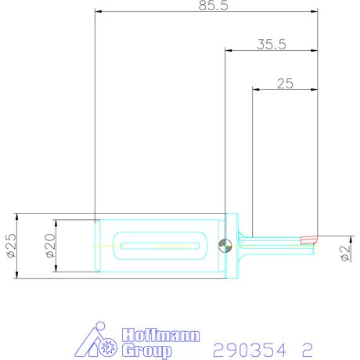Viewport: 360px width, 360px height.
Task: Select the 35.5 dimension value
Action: pyautogui.click(x=271, y=45)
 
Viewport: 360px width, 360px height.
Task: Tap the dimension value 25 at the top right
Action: pyautogui.click(x=285, y=84)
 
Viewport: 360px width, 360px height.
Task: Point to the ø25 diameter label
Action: pyautogui.click(x=11, y=246)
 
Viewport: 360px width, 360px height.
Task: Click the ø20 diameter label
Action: pyautogui.click(x=49, y=246)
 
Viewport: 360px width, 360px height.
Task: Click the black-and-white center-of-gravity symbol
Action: pyautogui.click(x=225, y=246)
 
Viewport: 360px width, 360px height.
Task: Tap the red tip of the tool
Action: pyautogui.click(x=309, y=239)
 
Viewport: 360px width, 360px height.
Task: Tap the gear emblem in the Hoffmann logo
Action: pyautogui.click(x=109, y=345)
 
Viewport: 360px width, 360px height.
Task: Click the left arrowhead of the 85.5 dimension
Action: pyautogui.click(x=97, y=12)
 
